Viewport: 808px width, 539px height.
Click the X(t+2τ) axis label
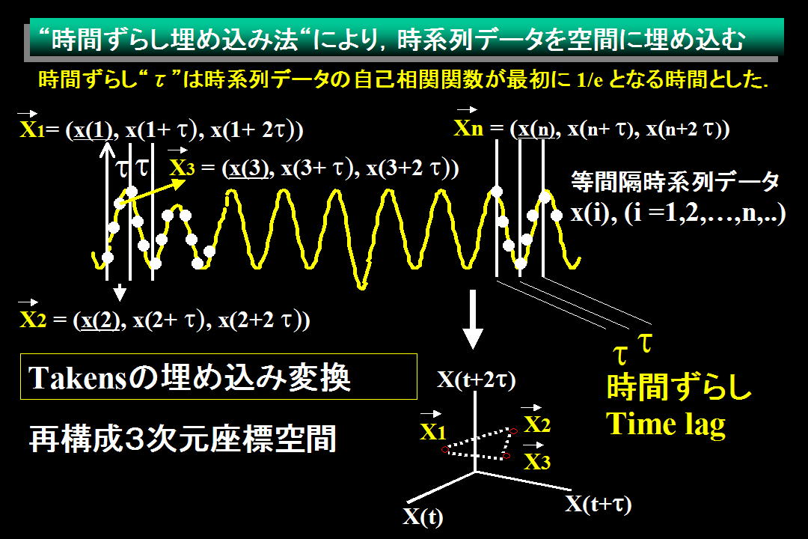point(476,380)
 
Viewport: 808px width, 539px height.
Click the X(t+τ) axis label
point(599,504)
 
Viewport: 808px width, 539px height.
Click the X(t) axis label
point(423,517)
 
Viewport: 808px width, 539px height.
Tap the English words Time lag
point(666,425)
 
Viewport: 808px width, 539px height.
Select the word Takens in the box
point(77,377)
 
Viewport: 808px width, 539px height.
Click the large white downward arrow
point(473,319)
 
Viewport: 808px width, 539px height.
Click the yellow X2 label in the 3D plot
point(537,424)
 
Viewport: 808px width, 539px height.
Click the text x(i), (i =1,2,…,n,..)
point(678,213)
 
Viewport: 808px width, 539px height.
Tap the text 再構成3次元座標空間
point(183,439)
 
